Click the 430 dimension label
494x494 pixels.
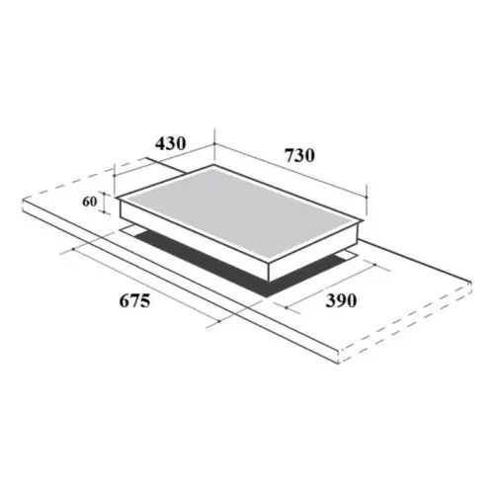[170, 143]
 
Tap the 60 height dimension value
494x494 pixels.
[89, 202]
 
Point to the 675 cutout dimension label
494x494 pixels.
[128, 302]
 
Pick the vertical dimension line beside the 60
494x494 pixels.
[103, 203]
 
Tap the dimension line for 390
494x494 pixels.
[326, 286]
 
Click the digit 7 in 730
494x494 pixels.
[287, 155]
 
